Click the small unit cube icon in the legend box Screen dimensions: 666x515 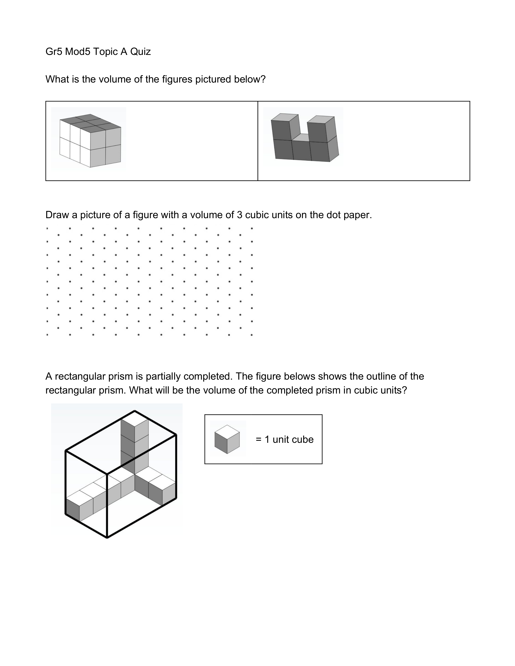tap(227, 439)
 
